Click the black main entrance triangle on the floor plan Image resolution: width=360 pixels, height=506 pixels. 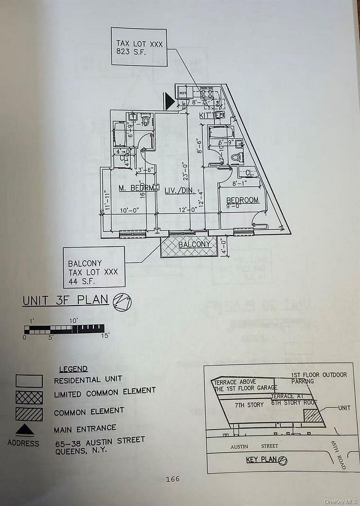pyautogui.click(x=168, y=101)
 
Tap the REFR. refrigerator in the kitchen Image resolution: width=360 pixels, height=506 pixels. pyautogui.click(x=183, y=93)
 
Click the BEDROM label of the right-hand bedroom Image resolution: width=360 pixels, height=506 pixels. pyautogui.click(x=243, y=200)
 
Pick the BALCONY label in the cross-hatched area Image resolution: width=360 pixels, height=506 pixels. pyautogui.click(x=194, y=244)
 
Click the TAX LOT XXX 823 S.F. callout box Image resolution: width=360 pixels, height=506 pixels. pyautogui.click(x=139, y=47)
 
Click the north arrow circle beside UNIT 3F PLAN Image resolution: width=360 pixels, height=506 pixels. pyautogui.click(x=122, y=302)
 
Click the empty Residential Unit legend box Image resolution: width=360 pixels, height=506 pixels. pyautogui.click(x=29, y=380)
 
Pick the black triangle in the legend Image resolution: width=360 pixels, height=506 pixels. pyautogui.click(x=25, y=430)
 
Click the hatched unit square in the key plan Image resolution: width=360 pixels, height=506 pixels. pyautogui.click(x=313, y=416)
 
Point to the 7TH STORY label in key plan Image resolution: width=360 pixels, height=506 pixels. pyautogui.click(x=249, y=404)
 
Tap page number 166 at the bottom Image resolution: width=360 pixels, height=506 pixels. pyautogui.click(x=172, y=479)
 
